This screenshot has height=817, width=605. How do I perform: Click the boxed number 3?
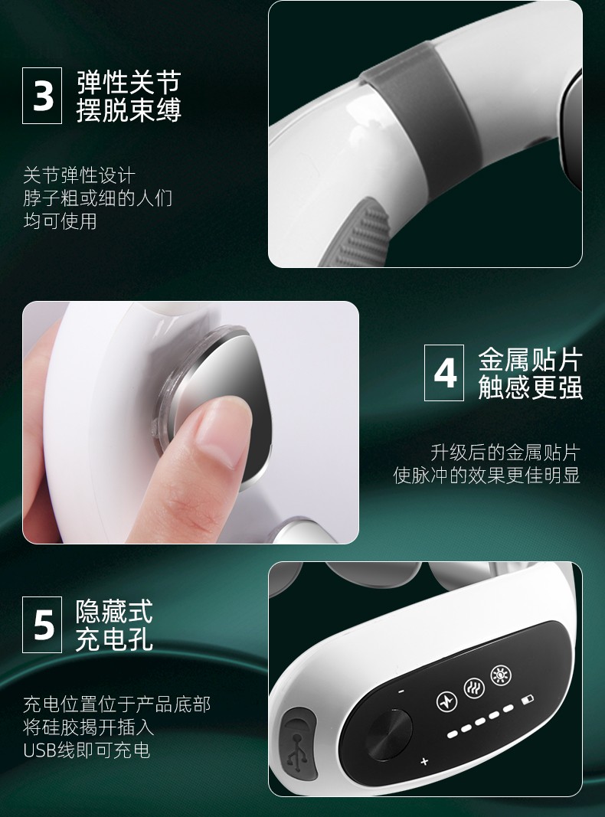[42, 96]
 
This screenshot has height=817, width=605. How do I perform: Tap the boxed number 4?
[444, 373]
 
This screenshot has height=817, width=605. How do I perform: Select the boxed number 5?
[42, 625]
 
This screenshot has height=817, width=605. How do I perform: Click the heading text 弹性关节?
[129, 82]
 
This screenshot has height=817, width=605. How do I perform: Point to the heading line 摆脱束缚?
[129, 109]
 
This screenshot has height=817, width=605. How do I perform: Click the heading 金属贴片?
[530, 359]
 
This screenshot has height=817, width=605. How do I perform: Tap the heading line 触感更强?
[530, 387]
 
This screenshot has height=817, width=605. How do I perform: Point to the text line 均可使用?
[60, 221]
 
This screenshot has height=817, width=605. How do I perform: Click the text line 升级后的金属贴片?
[505, 453]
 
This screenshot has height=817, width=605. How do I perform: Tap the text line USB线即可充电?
[87, 750]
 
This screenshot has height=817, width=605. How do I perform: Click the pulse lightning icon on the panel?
[446, 701]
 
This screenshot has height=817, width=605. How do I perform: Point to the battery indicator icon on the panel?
[528, 699]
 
